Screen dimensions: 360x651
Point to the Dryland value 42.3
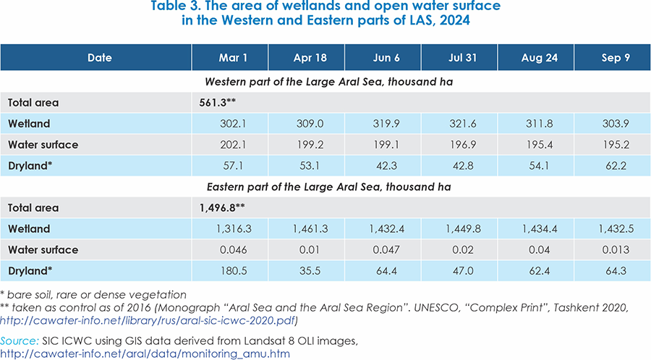pyautogui.click(x=383, y=166)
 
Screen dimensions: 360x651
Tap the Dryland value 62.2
pyautogui.click(x=611, y=166)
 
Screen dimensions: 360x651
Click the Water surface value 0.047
pyautogui.click(x=383, y=249)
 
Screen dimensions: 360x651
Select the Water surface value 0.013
pyautogui.click(x=611, y=249)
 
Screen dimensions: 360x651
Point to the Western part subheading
pyautogui.click(x=325, y=82)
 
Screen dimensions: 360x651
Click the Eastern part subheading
pyautogui.click(x=325, y=187)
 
